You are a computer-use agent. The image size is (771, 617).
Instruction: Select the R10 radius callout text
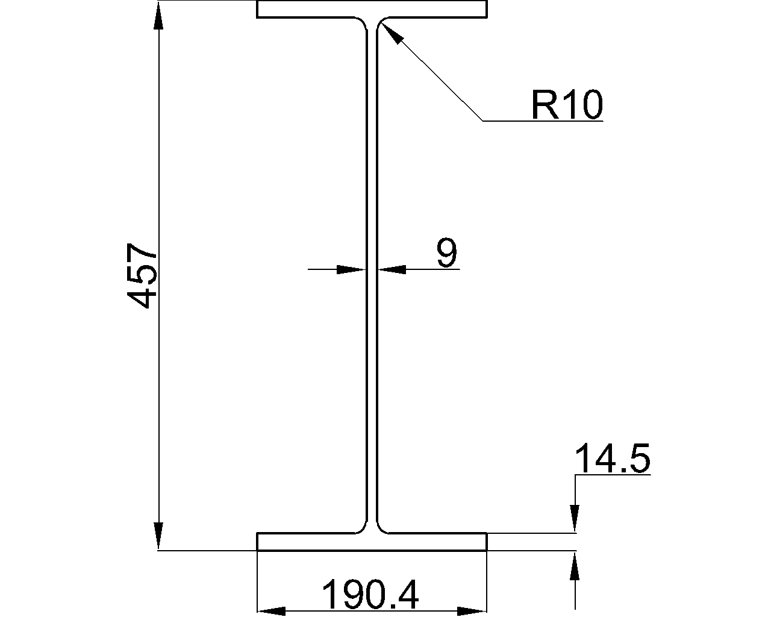pyautogui.click(x=566, y=105)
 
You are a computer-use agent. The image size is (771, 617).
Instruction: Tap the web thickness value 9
pyautogui.click(x=446, y=253)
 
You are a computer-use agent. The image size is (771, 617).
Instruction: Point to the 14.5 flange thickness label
pyautogui.click(x=613, y=459)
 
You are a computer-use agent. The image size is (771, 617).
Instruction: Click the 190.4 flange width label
pyautogui.click(x=370, y=595)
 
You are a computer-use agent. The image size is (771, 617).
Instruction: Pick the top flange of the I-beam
pyautogui.click(x=372, y=9)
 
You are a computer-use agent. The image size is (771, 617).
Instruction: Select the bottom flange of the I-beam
pyautogui.click(x=372, y=542)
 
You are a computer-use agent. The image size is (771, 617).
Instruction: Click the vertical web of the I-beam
pyautogui.click(x=372, y=271)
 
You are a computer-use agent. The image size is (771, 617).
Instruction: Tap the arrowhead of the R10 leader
pyautogui.click(x=390, y=33)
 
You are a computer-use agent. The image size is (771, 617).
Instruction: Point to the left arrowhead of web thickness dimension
pyautogui.click(x=351, y=269)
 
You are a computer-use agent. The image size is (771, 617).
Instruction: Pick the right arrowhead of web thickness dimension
pyautogui.click(x=392, y=269)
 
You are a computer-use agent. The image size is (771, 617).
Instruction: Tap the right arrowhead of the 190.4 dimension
pyautogui.click(x=472, y=611)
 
